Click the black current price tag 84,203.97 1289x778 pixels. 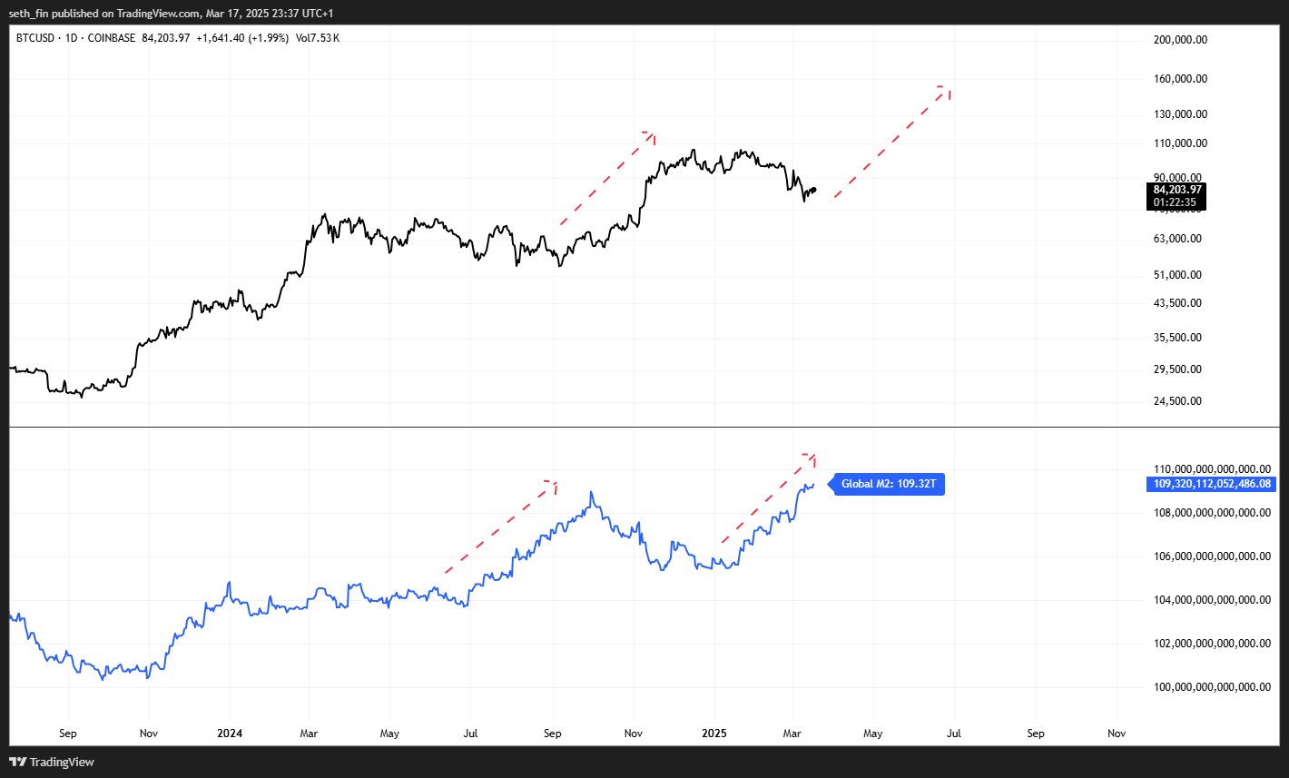1177,190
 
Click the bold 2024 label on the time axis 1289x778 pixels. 230,734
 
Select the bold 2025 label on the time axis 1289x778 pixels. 713,734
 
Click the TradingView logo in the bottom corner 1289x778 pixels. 52,762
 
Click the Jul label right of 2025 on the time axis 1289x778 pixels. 954,734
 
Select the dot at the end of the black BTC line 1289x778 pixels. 814,190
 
